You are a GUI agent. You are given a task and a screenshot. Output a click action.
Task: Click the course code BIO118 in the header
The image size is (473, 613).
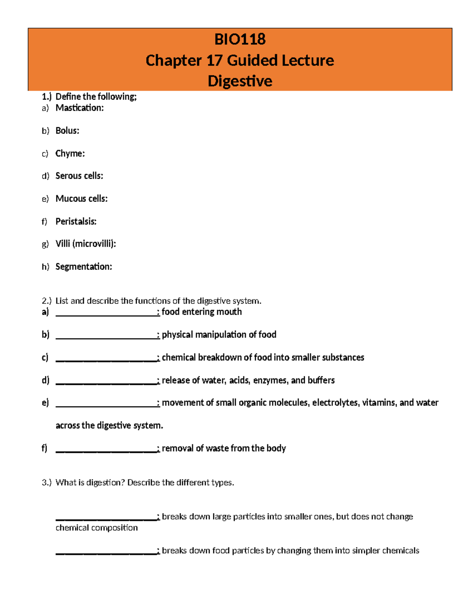tap(240, 39)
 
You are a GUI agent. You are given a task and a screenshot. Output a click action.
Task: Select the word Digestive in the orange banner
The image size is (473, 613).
tap(240, 81)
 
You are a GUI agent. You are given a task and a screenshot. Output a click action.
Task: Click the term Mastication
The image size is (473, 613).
tap(79, 108)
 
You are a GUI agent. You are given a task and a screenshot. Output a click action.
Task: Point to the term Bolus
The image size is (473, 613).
tap(67, 131)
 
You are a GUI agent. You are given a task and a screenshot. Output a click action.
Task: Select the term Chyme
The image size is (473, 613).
tap(70, 154)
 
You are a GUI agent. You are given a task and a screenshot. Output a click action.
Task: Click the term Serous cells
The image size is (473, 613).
tap(79, 176)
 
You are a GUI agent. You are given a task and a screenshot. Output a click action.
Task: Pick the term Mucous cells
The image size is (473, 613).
tap(81, 199)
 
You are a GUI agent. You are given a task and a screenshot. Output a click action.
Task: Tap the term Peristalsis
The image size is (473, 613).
tap(76, 221)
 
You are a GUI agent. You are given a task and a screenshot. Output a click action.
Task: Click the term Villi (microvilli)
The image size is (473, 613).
tap(86, 244)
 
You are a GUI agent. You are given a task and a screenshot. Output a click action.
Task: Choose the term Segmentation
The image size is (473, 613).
tap(84, 267)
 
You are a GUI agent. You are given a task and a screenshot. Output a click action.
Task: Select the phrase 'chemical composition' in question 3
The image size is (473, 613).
tap(97, 528)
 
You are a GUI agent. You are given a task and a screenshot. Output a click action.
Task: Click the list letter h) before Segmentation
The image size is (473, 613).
tap(45, 267)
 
